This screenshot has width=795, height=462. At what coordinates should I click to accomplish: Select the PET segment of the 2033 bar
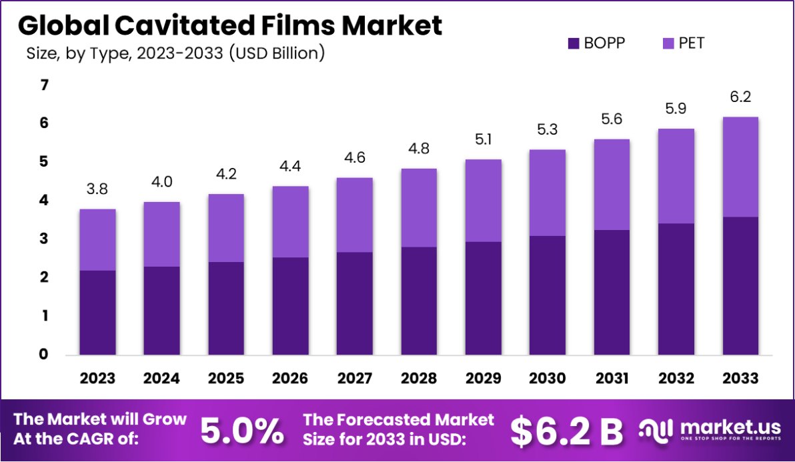pos(740,167)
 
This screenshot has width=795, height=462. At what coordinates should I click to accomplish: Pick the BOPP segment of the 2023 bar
pos(98,312)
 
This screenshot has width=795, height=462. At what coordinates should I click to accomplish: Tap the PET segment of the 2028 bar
pos(419,207)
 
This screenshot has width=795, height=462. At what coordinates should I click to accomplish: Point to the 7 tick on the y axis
pos(45,85)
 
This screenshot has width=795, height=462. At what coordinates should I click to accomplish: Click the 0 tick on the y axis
pos(45,355)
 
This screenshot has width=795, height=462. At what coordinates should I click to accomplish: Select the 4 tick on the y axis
pos(45,201)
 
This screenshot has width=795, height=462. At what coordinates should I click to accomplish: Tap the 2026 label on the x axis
pos(290,379)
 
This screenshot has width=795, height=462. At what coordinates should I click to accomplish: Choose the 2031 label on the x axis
pos(611,379)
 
